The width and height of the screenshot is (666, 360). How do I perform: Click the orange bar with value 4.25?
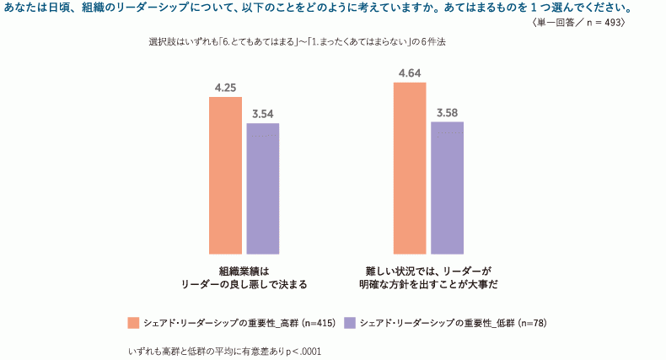(225, 175)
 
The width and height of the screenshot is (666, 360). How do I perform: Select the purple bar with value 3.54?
(262, 188)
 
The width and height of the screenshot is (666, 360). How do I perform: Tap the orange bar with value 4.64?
(410, 168)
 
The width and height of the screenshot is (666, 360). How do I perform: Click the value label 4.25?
(225, 87)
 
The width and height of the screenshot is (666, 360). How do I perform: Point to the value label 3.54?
(262, 114)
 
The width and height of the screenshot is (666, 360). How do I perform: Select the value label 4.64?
(410, 73)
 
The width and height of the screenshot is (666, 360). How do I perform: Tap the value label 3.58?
(447, 112)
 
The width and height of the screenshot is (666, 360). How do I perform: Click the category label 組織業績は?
(244, 271)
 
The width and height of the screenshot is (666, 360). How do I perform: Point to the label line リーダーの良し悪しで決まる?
(244, 285)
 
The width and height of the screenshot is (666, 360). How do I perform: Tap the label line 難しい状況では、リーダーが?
(428, 271)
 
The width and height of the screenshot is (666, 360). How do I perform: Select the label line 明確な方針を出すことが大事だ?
(428, 285)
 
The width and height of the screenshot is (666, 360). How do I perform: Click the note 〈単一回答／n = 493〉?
(579, 24)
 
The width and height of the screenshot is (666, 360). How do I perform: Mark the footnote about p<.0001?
(224, 349)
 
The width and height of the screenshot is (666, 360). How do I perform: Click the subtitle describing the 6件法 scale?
(296, 41)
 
